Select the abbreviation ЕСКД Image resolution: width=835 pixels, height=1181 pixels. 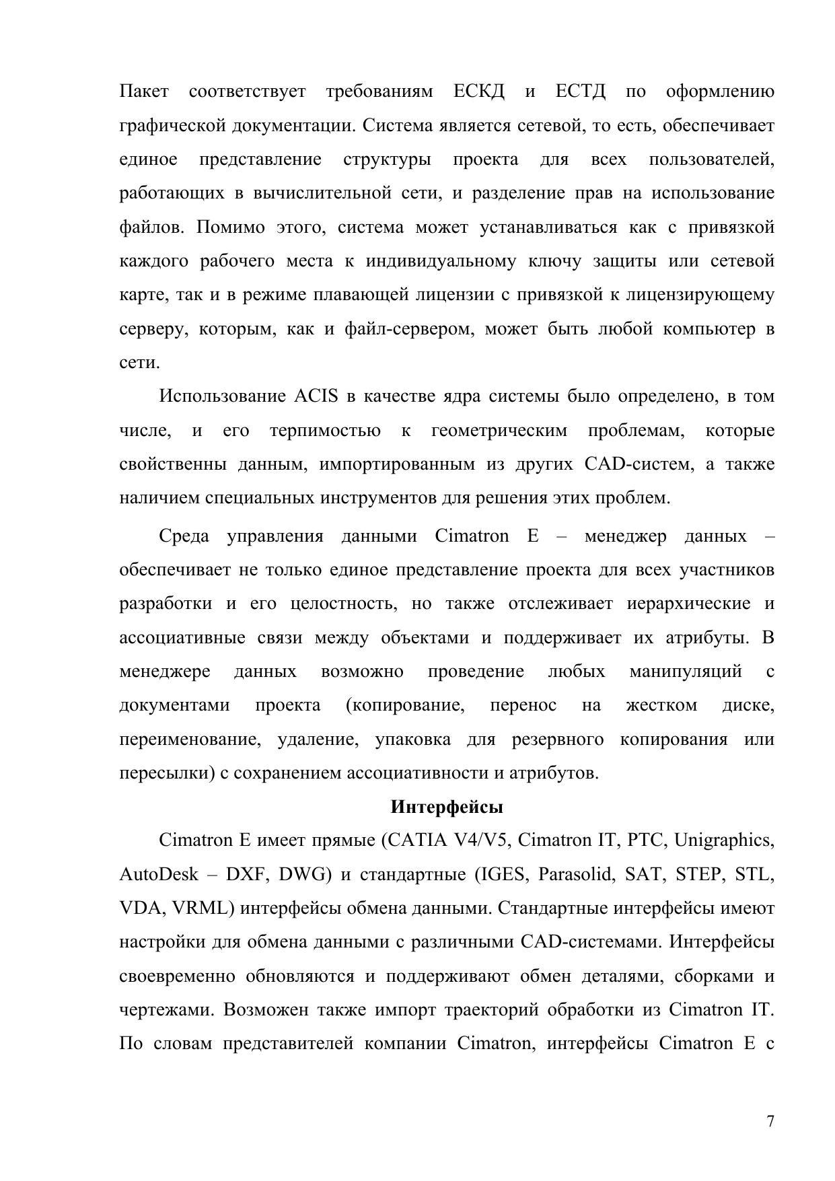pyautogui.click(x=479, y=92)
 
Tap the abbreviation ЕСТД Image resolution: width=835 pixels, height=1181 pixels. pyautogui.click(x=581, y=92)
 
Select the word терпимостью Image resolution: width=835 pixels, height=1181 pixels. pyautogui.click(x=325, y=431)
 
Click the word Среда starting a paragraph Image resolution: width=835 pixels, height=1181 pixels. pyautogui.click(x=184, y=536)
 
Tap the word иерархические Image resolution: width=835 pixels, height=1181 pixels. pyautogui.click(x=688, y=604)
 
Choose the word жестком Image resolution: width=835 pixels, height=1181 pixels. pyautogui.click(x=661, y=705)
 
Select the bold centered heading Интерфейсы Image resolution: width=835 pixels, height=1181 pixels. pyautogui.click(x=447, y=807)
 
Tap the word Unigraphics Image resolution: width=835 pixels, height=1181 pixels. pyautogui.click(x=724, y=841)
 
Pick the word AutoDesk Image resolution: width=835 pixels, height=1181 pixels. pyautogui.click(x=159, y=875)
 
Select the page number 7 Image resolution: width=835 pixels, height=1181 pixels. pyautogui.click(x=770, y=1121)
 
